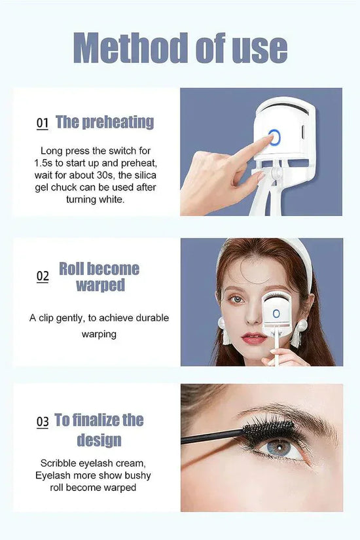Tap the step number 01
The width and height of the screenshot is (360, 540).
(x=43, y=123)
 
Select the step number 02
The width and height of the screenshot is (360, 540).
(x=43, y=276)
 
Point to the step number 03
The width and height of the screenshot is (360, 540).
(x=43, y=422)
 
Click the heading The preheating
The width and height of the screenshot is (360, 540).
(x=105, y=122)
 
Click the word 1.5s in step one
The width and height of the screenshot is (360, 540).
(x=43, y=163)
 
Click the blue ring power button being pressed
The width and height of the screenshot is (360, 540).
(x=274, y=137)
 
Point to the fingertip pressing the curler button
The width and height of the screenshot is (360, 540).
(x=267, y=139)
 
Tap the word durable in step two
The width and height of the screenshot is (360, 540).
(x=152, y=317)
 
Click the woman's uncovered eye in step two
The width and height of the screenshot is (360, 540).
(x=237, y=299)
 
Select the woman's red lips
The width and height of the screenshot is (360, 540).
(x=254, y=338)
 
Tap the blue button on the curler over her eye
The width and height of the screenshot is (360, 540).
(x=276, y=314)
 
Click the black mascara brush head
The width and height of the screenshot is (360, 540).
(x=269, y=431)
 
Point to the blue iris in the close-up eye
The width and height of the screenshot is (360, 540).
(x=279, y=447)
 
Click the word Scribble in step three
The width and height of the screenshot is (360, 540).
(x=58, y=463)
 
